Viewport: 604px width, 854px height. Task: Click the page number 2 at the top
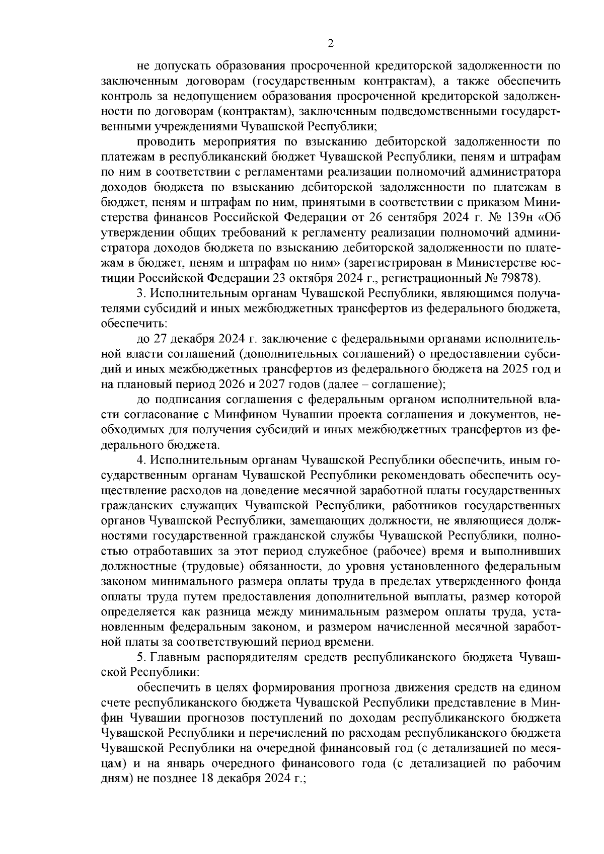[331, 44]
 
